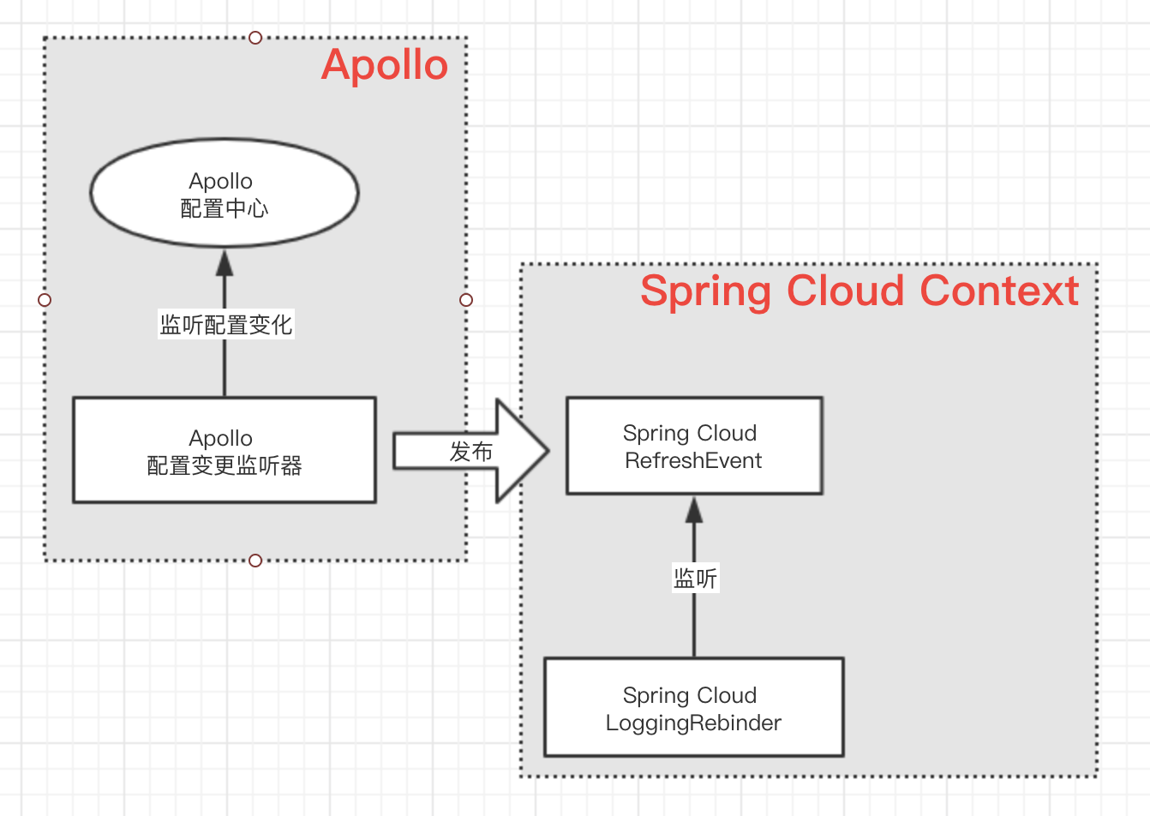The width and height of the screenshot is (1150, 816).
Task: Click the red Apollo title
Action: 385,65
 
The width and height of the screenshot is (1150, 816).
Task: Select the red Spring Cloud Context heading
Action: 859,291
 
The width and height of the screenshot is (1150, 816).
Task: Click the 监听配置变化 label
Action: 226,325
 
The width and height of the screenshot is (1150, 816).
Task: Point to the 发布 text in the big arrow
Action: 470,452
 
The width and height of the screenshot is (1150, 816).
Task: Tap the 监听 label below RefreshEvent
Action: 695,579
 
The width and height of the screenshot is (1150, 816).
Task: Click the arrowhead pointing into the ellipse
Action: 225,261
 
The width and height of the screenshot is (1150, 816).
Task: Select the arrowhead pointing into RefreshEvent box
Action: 694,510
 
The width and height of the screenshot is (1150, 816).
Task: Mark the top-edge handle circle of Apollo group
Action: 255,38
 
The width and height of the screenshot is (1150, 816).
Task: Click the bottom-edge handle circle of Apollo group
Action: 255,561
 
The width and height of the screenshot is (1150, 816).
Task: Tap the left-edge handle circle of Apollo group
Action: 45,300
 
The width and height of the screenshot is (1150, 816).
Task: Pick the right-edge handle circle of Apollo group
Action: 466,300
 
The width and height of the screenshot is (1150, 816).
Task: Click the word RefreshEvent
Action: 693,461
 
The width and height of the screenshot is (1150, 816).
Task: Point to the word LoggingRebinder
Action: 693,723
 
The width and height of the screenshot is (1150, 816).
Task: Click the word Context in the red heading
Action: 998,291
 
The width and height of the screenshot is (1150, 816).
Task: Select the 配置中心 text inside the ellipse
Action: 225,209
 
